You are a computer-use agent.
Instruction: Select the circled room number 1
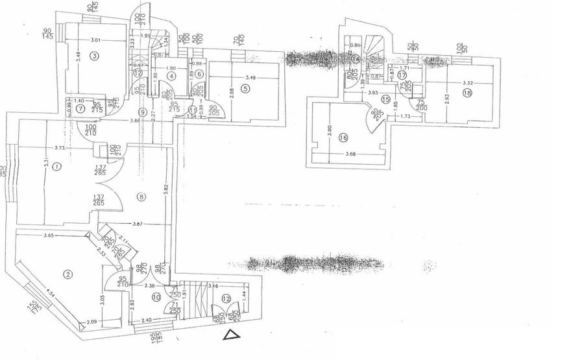[57, 167]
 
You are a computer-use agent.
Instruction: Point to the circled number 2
[67, 274]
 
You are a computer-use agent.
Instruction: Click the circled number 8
[141, 196]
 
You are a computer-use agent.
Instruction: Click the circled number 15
[385, 99]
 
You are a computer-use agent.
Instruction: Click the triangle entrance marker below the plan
[230, 335]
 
